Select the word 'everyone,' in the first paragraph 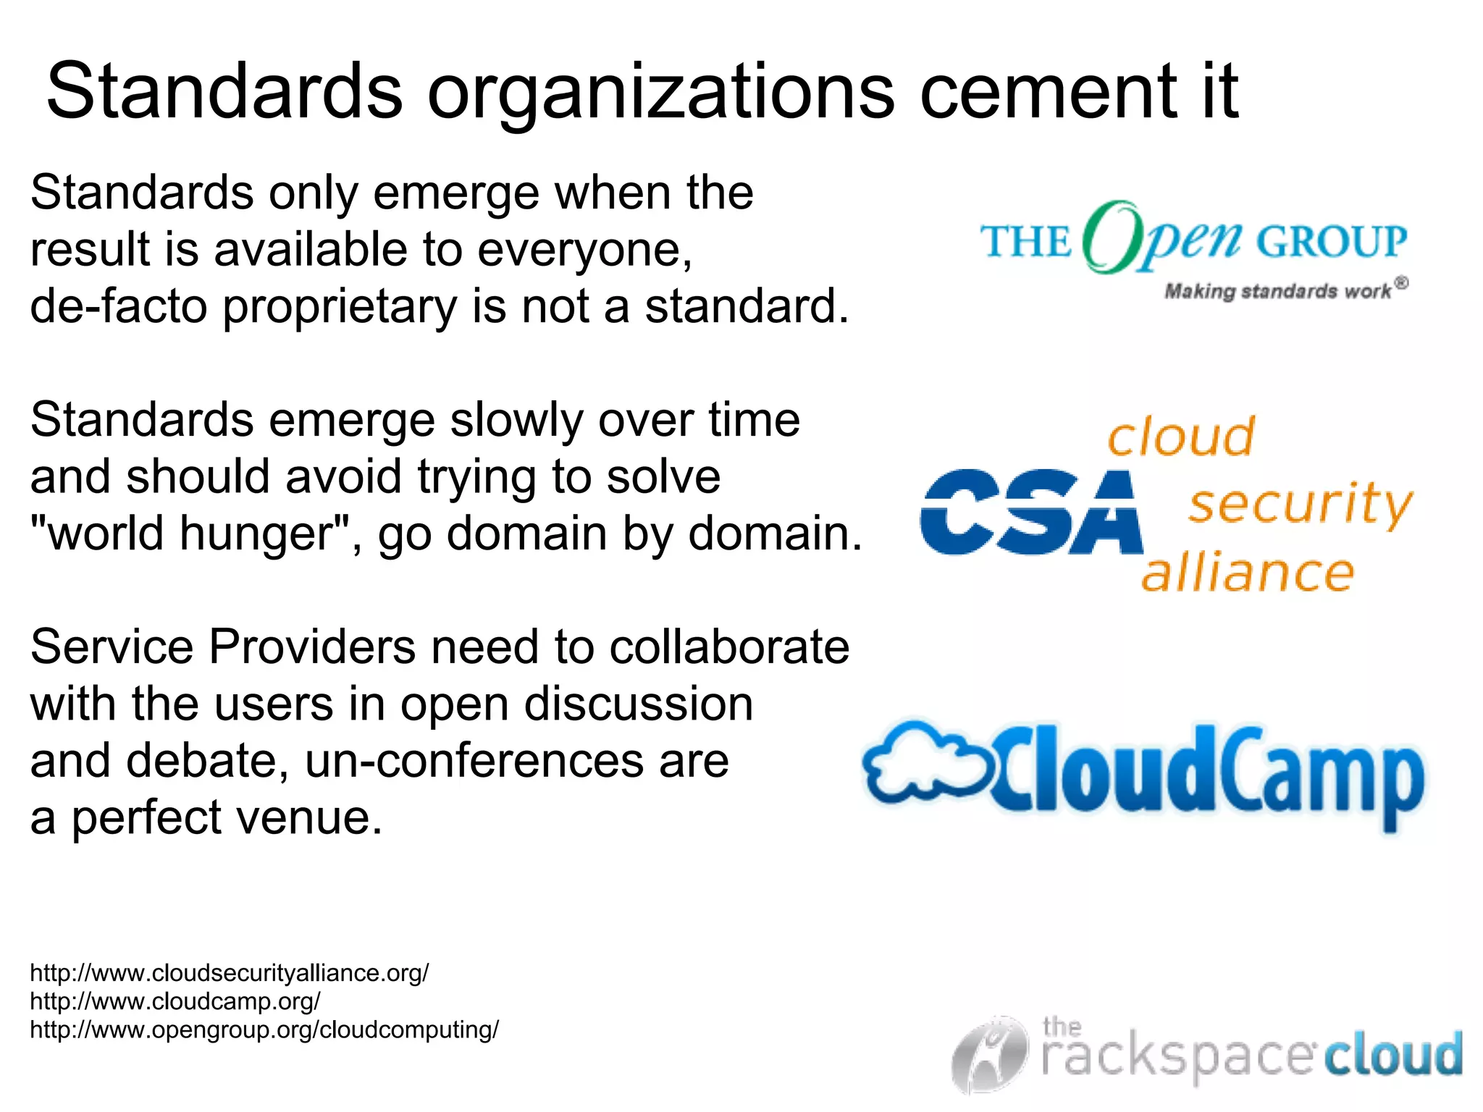coord(585,250)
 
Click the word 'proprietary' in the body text coord(340,307)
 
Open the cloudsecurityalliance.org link coord(230,973)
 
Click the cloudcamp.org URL coord(175,1001)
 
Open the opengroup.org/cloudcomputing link coord(264,1029)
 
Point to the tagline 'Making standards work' coord(1278,291)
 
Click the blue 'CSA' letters coord(1030,512)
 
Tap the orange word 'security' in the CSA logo coord(1300,505)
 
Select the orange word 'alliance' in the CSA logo coord(1247,573)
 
